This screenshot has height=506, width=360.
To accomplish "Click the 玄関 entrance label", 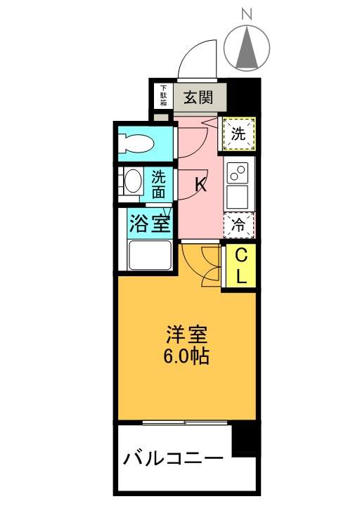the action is pyautogui.click(x=198, y=97).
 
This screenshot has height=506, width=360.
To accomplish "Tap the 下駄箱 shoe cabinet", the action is pyautogui.click(x=164, y=96).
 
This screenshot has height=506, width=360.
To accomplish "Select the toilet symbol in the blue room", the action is pyautogui.click(x=136, y=143).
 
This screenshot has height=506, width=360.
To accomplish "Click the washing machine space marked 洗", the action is pyautogui.click(x=238, y=134).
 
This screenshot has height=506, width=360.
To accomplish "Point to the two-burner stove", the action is pyautogui.click(x=238, y=173).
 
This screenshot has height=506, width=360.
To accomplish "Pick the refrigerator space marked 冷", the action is pyautogui.click(x=239, y=226).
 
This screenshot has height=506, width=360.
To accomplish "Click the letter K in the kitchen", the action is pyautogui.click(x=201, y=186).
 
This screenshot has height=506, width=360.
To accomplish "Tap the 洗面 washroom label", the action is pyautogui.click(x=159, y=185).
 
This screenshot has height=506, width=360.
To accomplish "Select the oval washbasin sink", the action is pyautogui.click(x=133, y=181).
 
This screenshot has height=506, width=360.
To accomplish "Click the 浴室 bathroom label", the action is pyautogui.click(x=150, y=223).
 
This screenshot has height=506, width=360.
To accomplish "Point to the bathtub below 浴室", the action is pyautogui.click(x=150, y=255).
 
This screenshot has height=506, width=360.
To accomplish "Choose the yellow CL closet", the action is pyautogui.click(x=241, y=266).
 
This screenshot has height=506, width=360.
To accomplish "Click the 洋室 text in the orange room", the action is pyautogui.click(x=186, y=335).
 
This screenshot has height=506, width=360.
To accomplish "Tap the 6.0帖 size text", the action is pyautogui.click(x=186, y=356).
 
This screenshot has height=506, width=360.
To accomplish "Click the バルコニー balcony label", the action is pyautogui.click(x=174, y=458).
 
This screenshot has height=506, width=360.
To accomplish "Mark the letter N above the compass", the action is pyautogui.click(x=247, y=14).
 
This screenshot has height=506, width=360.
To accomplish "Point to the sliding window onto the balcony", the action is pyautogui.click(x=185, y=422).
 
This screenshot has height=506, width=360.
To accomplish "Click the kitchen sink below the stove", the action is pyautogui.click(x=238, y=197).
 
